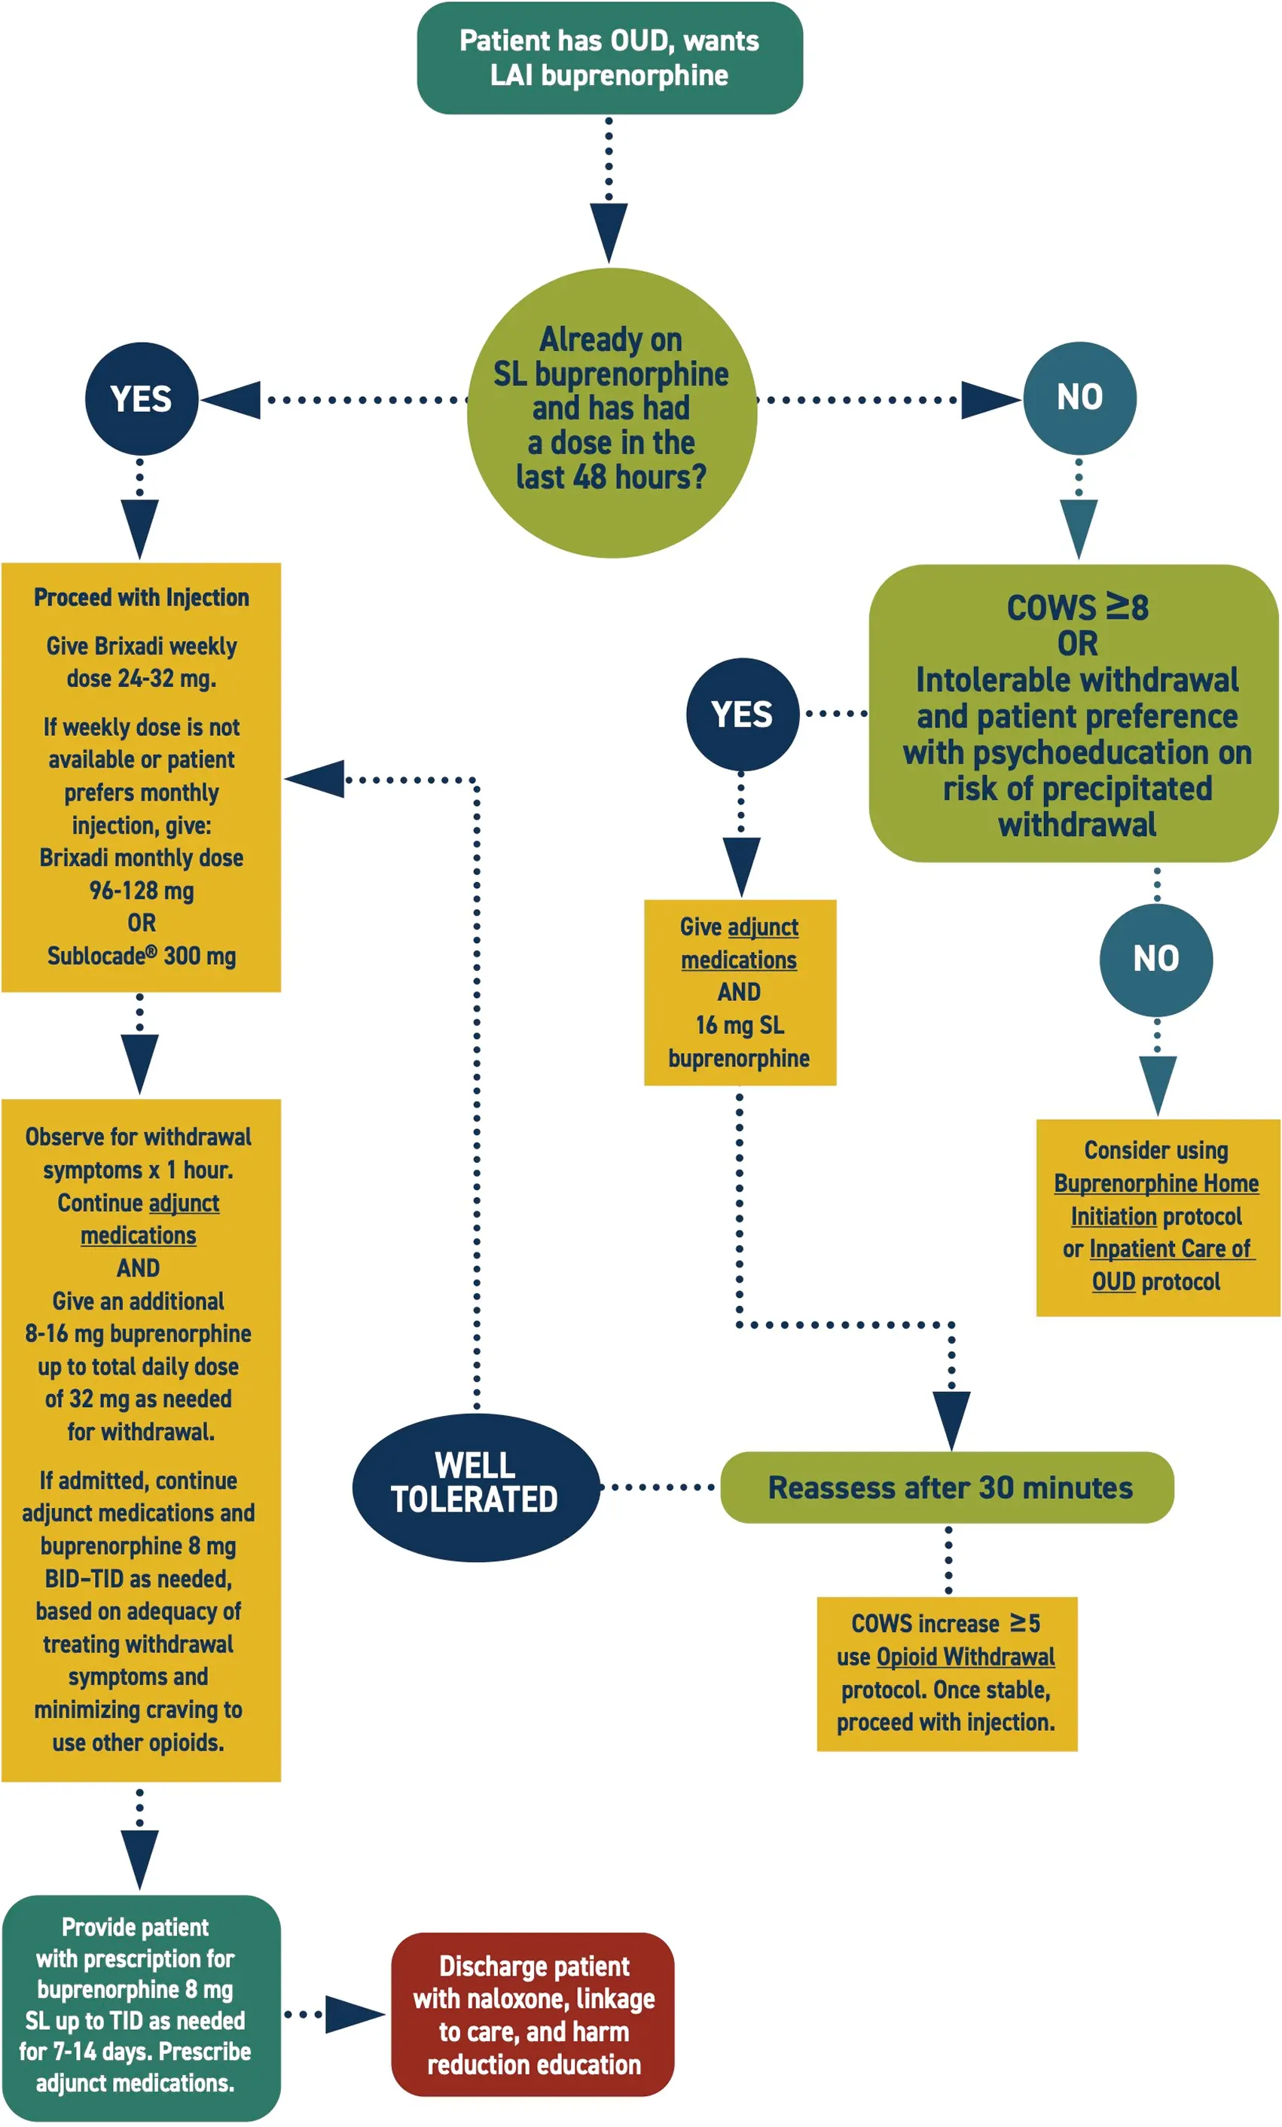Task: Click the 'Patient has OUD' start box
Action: pos(609,58)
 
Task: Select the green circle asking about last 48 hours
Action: pos(611,413)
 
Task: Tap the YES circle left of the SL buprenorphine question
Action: pos(142,399)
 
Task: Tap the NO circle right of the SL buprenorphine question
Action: pos(1079,397)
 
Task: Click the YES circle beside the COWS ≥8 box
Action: pos(742,714)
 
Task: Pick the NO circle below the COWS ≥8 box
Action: pos(1155,959)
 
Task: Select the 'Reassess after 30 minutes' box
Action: pos(947,1488)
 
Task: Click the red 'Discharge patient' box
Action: pos(533,2015)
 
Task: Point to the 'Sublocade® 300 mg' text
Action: pos(141,956)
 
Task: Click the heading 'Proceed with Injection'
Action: pos(141,597)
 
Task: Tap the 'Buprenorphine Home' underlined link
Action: pos(1155,1183)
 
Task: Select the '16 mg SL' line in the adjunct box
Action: pos(740,1024)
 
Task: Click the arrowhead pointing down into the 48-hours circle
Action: pos(609,231)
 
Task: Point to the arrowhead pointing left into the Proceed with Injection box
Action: pos(316,779)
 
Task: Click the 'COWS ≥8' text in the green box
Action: pos(1076,608)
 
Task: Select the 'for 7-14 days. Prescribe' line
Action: pos(136,2051)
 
